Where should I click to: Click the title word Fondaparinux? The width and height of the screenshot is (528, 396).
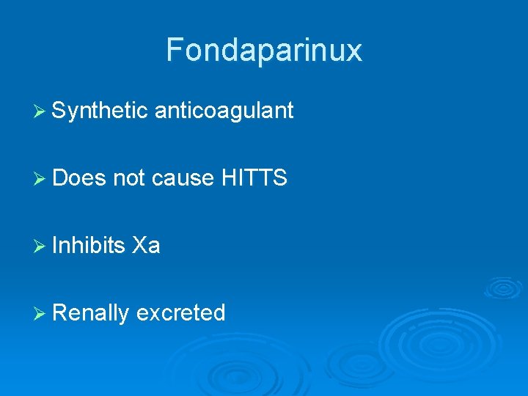264,50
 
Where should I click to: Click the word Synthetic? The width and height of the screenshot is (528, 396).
100,111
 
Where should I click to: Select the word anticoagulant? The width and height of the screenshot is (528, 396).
224,111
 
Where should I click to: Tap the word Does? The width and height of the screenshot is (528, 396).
80,177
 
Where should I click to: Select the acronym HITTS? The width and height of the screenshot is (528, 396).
254,177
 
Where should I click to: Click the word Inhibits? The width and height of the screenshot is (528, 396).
89,245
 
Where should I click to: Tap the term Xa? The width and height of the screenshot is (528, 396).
146,245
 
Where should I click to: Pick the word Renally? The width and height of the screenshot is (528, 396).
90,313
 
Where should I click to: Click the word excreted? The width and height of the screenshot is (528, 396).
180,313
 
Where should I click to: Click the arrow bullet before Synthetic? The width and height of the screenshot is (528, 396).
40,111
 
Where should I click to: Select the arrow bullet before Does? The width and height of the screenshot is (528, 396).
40,178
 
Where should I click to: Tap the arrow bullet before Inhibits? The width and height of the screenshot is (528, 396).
40,246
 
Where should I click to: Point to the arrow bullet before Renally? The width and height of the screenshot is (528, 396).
40,314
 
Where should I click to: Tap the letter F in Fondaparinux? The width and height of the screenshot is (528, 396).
174,50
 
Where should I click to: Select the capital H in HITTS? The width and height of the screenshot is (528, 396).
227,177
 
